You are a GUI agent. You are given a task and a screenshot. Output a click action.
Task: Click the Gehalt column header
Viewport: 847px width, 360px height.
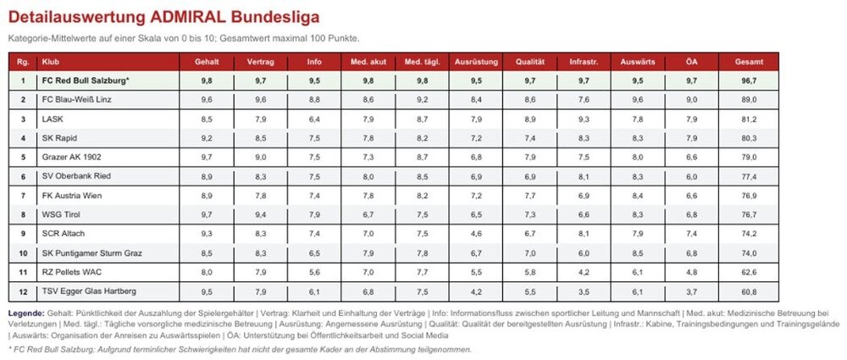pyautogui.click(x=207, y=62)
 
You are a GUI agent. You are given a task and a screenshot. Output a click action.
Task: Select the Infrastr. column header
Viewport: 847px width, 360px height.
pyautogui.click(x=584, y=62)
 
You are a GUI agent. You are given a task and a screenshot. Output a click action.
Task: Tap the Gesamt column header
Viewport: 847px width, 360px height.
pyautogui.click(x=750, y=62)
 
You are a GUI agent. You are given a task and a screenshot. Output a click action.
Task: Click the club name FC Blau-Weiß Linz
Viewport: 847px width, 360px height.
pyautogui.click(x=77, y=100)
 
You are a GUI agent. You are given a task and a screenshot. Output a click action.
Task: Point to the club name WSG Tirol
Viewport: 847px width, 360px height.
pyautogui.click(x=61, y=214)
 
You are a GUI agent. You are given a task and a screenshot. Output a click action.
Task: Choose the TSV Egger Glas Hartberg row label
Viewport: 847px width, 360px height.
pyautogui.click(x=89, y=291)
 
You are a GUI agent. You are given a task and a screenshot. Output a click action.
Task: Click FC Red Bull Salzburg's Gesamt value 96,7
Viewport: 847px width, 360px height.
pyautogui.click(x=750, y=81)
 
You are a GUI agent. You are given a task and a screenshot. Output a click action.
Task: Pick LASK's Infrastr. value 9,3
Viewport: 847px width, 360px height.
pyautogui.click(x=584, y=119)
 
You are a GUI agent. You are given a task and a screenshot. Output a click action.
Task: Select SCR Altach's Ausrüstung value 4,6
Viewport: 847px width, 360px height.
pyautogui.click(x=476, y=234)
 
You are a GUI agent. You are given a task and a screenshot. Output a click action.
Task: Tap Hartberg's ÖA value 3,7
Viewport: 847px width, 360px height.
pyautogui.click(x=691, y=292)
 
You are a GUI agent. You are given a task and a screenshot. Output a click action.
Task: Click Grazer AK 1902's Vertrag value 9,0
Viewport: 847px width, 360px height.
pyautogui.click(x=260, y=158)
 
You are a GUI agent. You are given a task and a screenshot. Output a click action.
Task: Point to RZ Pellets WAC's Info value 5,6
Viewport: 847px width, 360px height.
pyautogui.click(x=314, y=273)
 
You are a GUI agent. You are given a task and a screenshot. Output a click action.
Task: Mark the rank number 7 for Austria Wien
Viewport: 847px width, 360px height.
pyautogui.click(x=23, y=196)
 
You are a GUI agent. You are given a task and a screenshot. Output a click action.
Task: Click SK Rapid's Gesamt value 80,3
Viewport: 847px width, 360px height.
pyautogui.click(x=750, y=138)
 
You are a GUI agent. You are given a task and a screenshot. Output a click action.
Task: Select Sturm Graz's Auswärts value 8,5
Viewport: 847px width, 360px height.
pyautogui.click(x=638, y=253)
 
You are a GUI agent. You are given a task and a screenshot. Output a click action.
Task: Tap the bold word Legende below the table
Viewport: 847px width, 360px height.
pyautogui.click(x=26, y=313)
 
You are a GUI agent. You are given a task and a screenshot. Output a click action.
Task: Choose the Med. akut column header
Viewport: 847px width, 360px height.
pyautogui.click(x=368, y=62)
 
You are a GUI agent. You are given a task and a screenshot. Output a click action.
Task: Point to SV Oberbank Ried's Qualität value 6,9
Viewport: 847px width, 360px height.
pyautogui.click(x=529, y=177)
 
